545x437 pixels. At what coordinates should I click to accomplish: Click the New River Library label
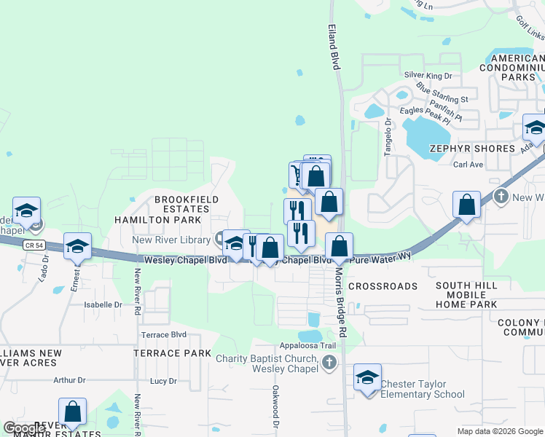click(x=171, y=240)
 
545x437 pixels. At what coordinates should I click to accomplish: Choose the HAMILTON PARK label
click(x=157, y=219)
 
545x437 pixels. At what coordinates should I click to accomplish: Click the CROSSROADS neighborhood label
click(x=383, y=286)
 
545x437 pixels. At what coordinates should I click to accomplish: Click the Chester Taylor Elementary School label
click(x=423, y=389)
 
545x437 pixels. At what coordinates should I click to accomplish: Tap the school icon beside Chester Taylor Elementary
click(x=368, y=377)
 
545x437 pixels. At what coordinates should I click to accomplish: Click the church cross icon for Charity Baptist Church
click(x=329, y=361)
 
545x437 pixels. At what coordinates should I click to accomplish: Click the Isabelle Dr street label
click(x=103, y=304)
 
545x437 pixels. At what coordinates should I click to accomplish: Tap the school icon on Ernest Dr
click(x=77, y=246)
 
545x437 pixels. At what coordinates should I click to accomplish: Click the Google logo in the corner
click(x=24, y=428)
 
